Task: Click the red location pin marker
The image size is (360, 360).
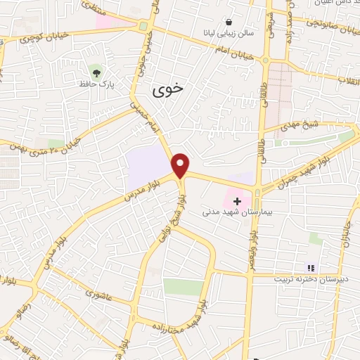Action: (181, 165)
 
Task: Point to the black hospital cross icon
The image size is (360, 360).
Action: (238, 200)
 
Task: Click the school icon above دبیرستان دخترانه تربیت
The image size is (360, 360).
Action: (310, 267)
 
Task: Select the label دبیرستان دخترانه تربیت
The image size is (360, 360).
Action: (309, 278)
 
